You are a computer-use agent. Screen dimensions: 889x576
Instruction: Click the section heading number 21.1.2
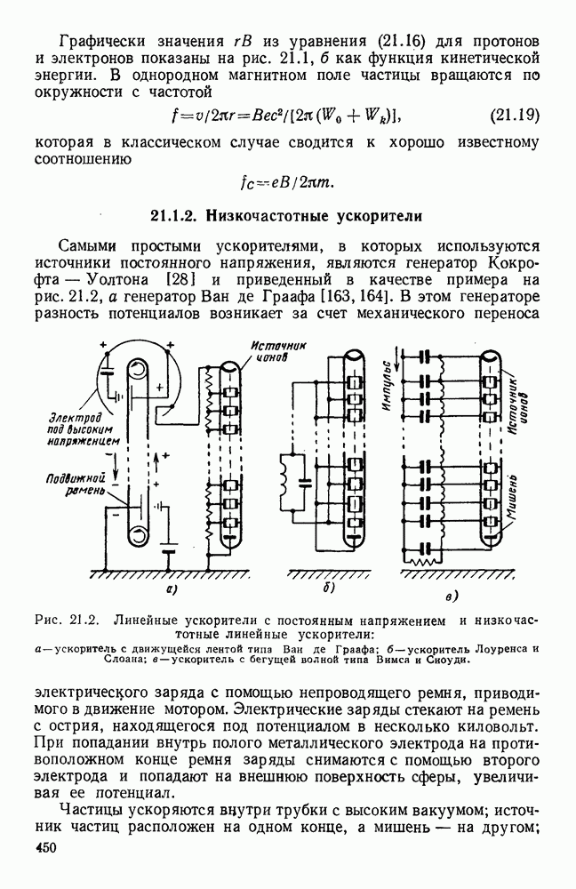[x=174, y=215]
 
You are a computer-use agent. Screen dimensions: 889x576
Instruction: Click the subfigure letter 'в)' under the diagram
[x=453, y=594]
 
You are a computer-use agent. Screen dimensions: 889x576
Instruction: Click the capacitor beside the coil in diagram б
[x=306, y=484]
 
